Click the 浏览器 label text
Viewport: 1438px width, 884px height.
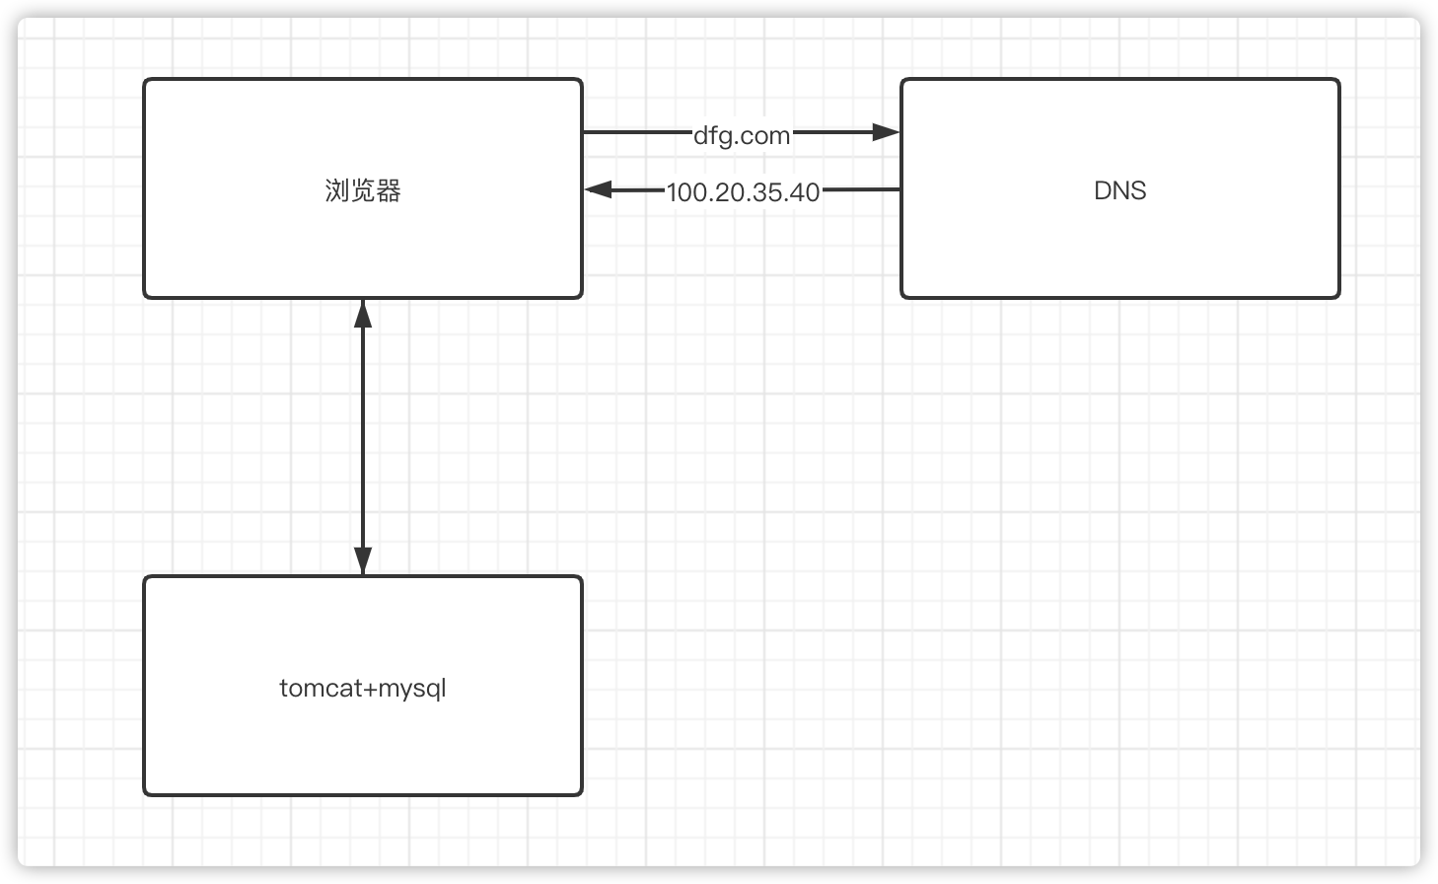(x=363, y=190)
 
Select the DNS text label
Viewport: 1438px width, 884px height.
(x=1119, y=190)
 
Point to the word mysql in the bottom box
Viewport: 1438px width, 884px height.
(x=412, y=689)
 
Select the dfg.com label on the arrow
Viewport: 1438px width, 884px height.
(x=742, y=135)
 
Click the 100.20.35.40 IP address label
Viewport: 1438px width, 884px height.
(x=743, y=192)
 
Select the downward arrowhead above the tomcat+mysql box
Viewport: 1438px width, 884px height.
(x=363, y=559)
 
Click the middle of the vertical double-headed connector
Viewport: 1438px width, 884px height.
(x=363, y=436)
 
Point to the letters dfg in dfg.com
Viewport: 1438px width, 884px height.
(x=712, y=135)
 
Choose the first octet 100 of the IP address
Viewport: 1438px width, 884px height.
(x=686, y=192)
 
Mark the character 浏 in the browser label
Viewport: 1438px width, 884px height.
(x=337, y=190)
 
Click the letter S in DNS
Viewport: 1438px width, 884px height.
(x=1138, y=190)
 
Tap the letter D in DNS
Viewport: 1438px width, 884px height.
(x=1103, y=190)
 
